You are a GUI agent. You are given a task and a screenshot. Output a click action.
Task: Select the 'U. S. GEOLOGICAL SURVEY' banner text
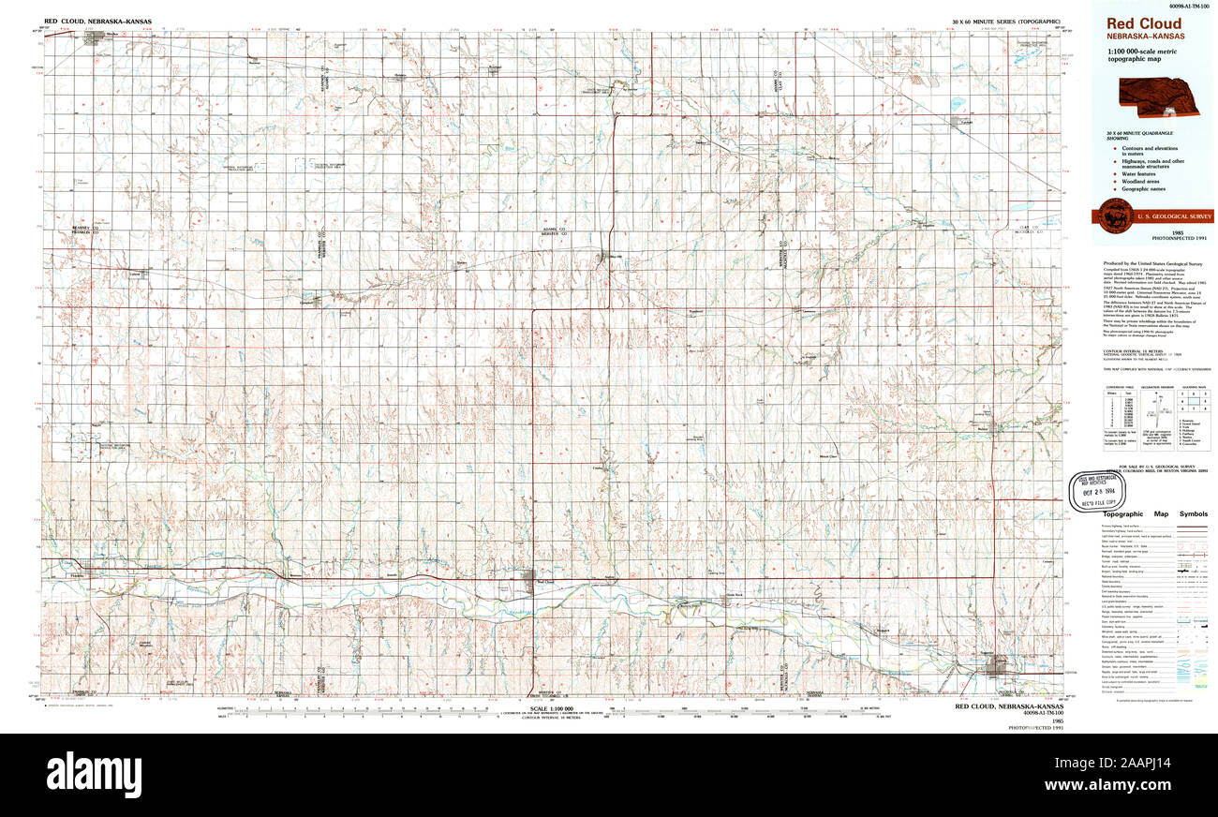point(1173,216)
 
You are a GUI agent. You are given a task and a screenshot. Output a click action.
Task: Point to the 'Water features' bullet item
point(1136,173)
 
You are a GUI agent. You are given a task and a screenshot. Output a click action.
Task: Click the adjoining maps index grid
point(1195,402)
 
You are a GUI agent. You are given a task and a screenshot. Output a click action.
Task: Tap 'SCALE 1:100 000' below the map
point(552,708)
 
